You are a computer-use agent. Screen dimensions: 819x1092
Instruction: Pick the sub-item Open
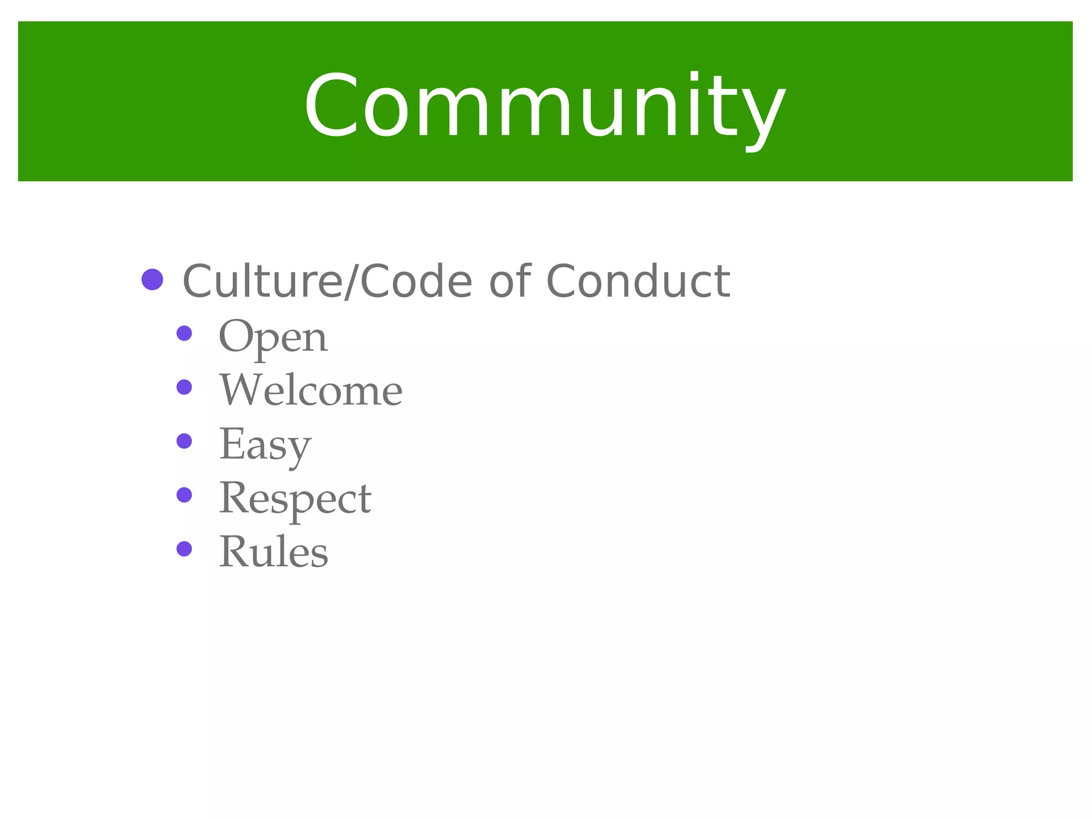(273, 338)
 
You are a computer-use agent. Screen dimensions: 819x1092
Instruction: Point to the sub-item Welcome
(311, 390)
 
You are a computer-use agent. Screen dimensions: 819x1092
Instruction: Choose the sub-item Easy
(265, 445)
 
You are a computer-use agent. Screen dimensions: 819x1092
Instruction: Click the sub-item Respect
(295, 499)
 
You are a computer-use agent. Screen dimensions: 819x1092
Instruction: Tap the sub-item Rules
(274, 552)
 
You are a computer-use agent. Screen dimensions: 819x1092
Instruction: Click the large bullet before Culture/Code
(152, 279)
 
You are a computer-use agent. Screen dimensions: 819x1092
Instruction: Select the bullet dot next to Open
(184, 334)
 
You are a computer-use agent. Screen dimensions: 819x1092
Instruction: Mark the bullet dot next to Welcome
(184, 387)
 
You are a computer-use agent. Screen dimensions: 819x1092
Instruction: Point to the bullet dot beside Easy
(184, 441)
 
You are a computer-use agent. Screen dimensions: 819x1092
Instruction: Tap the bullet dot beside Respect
(184, 495)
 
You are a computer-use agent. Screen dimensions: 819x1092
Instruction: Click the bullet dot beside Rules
(184, 549)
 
